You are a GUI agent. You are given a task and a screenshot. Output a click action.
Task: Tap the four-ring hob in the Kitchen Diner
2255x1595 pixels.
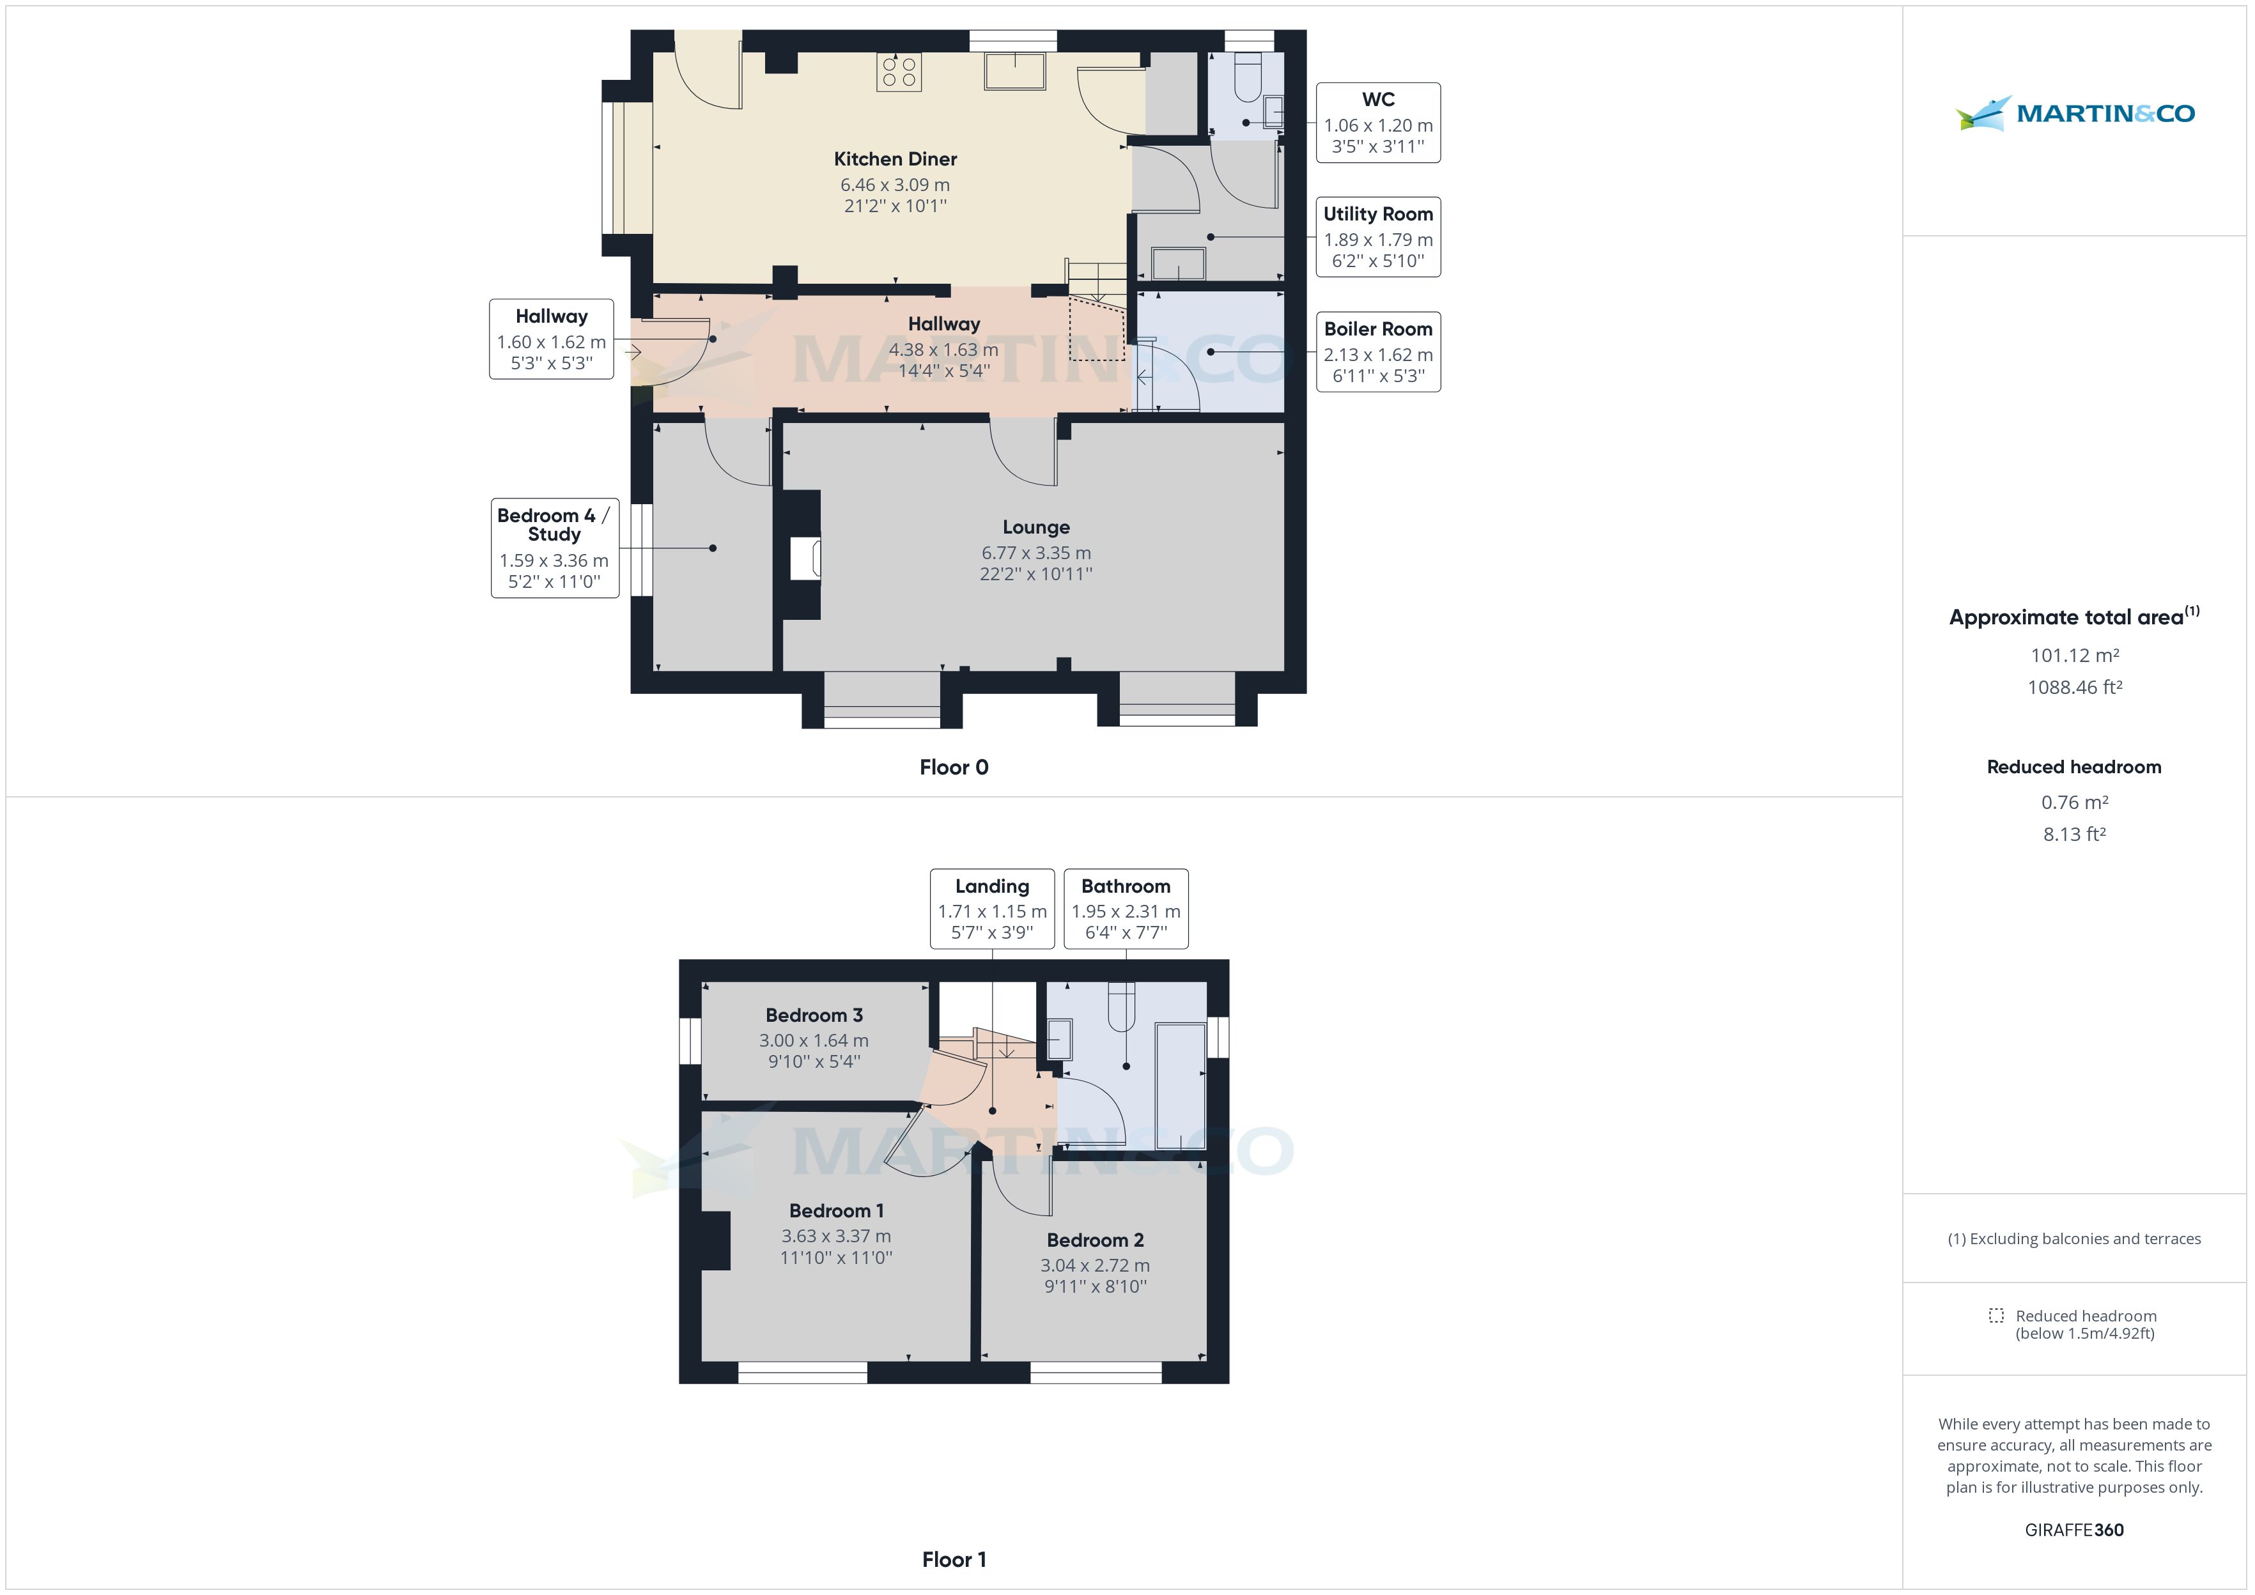click(899, 72)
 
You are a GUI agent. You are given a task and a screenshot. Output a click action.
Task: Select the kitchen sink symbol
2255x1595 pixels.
click(1014, 71)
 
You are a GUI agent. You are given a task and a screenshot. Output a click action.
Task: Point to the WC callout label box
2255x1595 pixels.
click(1378, 123)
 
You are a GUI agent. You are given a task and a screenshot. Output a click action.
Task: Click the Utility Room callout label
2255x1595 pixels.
click(1378, 236)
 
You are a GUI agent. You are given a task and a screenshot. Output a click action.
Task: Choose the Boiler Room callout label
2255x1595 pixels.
click(1378, 351)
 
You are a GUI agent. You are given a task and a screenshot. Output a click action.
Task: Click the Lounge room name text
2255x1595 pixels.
click(1036, 527)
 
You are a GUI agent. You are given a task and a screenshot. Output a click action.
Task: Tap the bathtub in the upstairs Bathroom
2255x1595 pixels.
click(1181, 1085)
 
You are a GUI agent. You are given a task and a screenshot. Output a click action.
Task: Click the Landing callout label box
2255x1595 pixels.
click(992, 909)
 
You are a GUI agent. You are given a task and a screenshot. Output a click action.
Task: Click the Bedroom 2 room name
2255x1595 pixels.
click(1095, 1240)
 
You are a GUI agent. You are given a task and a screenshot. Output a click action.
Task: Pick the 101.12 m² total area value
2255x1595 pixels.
click(2074, 655)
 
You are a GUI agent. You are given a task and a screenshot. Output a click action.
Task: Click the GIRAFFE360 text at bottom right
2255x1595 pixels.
click(2073, 1529)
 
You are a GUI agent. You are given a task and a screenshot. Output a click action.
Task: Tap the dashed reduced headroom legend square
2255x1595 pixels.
click(1995, 1315)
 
